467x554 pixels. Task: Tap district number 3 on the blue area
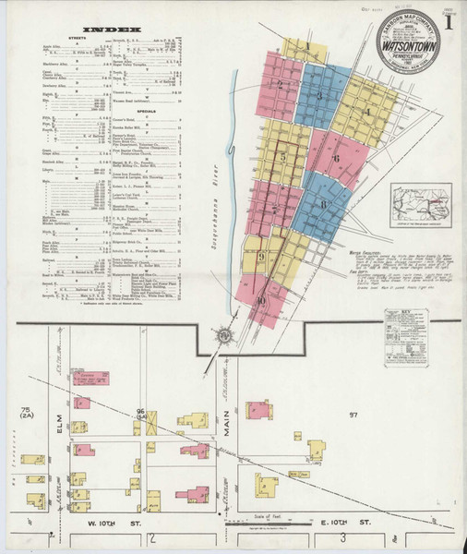pos(319,95)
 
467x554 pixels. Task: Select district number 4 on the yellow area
pos(370,114)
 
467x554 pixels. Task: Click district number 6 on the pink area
pos(337,158)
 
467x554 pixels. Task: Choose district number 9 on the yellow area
pos(262,257)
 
